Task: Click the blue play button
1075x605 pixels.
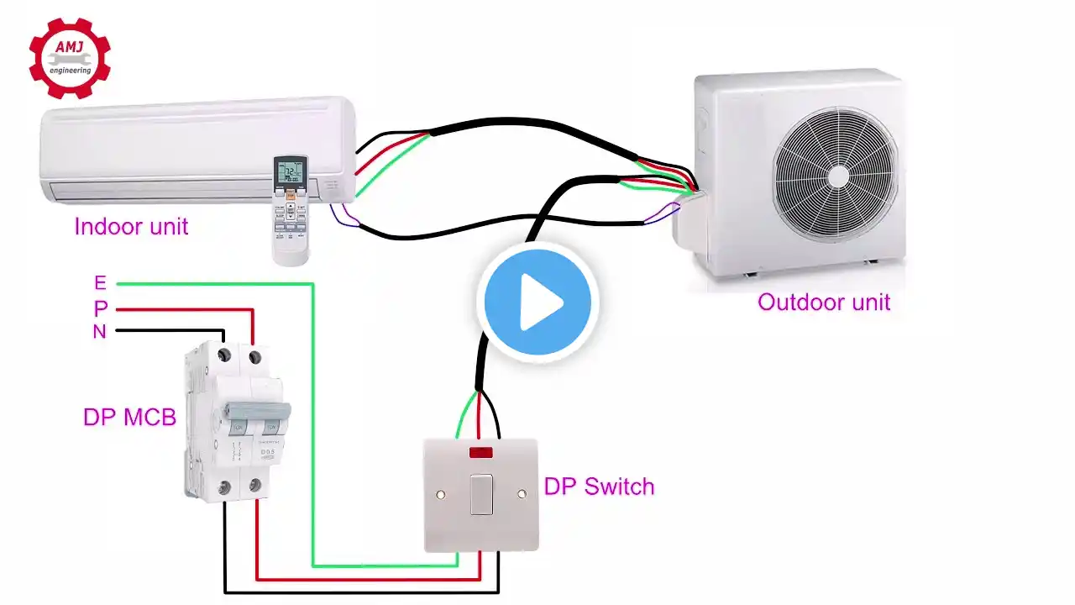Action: tap(537, 302)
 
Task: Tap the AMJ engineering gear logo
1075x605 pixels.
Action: tap(70, 56)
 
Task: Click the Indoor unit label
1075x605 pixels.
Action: tap(131, 226)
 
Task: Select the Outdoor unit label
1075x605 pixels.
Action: tap(824, 302)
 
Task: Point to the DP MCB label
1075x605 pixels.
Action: tap(129, 417)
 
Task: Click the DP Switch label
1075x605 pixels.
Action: tap(599, 486)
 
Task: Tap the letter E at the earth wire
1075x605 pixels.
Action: tap(100, 284)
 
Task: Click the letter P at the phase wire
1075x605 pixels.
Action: tap(100, 308)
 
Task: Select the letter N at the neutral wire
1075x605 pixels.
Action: tap(99, 332)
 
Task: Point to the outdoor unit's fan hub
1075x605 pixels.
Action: tap(838, 175)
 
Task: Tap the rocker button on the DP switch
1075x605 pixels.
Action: tap(481, 494)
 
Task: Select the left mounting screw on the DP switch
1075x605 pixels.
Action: tap(439, 494)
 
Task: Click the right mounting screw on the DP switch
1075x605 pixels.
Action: tap(522, 494)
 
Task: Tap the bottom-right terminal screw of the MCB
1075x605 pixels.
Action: tap(254, 486)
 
